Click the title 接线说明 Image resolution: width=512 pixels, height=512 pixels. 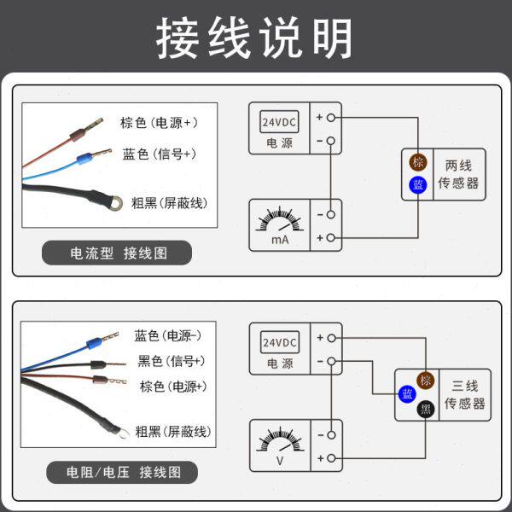(x=255, y=38)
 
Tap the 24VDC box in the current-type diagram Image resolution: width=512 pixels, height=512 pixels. (x=279, y=122)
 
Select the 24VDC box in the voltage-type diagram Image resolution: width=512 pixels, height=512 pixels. (x=279, y=343)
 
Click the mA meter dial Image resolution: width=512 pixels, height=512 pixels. (x=279, y=224)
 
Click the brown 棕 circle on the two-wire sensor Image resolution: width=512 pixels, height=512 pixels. (x=417, y=163)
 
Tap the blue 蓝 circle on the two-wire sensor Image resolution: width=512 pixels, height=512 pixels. (x=417, y=184)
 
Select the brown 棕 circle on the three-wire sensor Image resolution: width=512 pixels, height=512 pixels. (x=425, y=381)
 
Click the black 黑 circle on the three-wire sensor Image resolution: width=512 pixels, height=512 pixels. (x=425, y=409)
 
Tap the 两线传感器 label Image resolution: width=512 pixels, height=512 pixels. (x=458, y=174)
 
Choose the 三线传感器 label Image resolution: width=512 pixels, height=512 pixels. (x=467, y=394)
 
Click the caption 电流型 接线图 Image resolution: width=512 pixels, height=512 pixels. (x=118, y=253)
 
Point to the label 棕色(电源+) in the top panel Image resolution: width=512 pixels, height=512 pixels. (x=160, y=123)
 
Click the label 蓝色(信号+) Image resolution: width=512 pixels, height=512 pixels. (x=160, y=154)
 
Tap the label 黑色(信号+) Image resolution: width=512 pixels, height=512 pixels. (x=172, y=361)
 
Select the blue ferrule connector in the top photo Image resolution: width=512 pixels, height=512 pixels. (x=84, y=159)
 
